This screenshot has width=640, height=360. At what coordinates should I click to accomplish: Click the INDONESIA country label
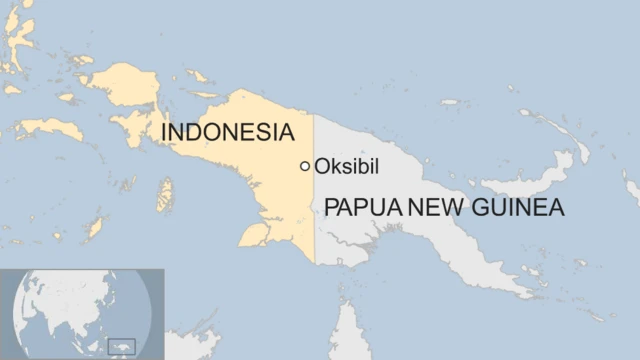(x=228, y=133)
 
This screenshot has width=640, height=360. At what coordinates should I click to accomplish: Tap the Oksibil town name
(x=348, y=166)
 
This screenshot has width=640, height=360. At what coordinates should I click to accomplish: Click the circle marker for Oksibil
(x=305, y=166)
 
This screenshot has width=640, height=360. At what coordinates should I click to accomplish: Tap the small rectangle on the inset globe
(x=121, y=345)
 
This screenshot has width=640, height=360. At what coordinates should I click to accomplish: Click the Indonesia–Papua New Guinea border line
(x=314, y=230)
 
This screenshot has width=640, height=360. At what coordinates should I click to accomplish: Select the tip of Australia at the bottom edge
(x=350, y=335)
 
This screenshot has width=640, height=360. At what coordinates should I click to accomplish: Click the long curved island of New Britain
(x=540, y=180)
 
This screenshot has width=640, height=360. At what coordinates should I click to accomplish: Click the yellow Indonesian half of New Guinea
(x=270, y=190)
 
